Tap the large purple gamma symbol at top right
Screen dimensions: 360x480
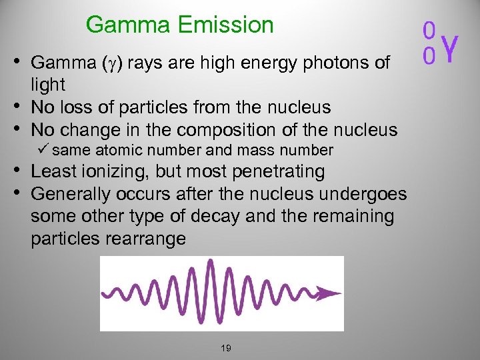click(451, 48)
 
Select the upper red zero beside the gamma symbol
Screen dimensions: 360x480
click(430, 30)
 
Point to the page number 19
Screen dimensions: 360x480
click(225, 348)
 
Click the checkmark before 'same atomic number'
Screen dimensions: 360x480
click(43, 150)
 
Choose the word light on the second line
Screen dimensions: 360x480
click(48, 85)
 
